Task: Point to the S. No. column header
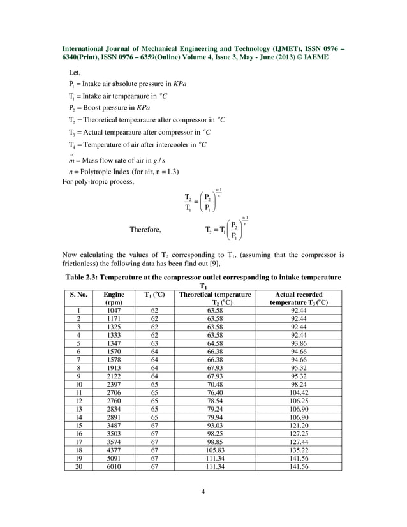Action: click(78, 295)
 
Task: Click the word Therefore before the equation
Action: click(145, 230)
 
